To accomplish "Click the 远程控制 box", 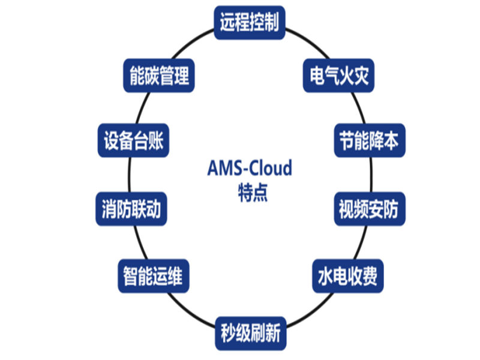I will pyautogui.click(x=250, y=23).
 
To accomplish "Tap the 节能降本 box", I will pyautogui.click(x=365, y=141).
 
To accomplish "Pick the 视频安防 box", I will pyautogui.click(x=365, y=209).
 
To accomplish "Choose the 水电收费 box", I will pyautogui.click(x=347, y=277).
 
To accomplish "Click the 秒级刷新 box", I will pyautogui.click(x=250, y=332).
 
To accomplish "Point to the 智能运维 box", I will pyautogui.click(x=151, y=277).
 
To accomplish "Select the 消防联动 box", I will pyautogui.click(x=130, y=209).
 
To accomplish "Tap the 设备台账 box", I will pyautogui.click(x=130, y=141).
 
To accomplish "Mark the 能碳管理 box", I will pyautogui.click(x=159, y=76).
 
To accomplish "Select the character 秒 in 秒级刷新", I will pyautogui.click(x=228, y=332).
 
